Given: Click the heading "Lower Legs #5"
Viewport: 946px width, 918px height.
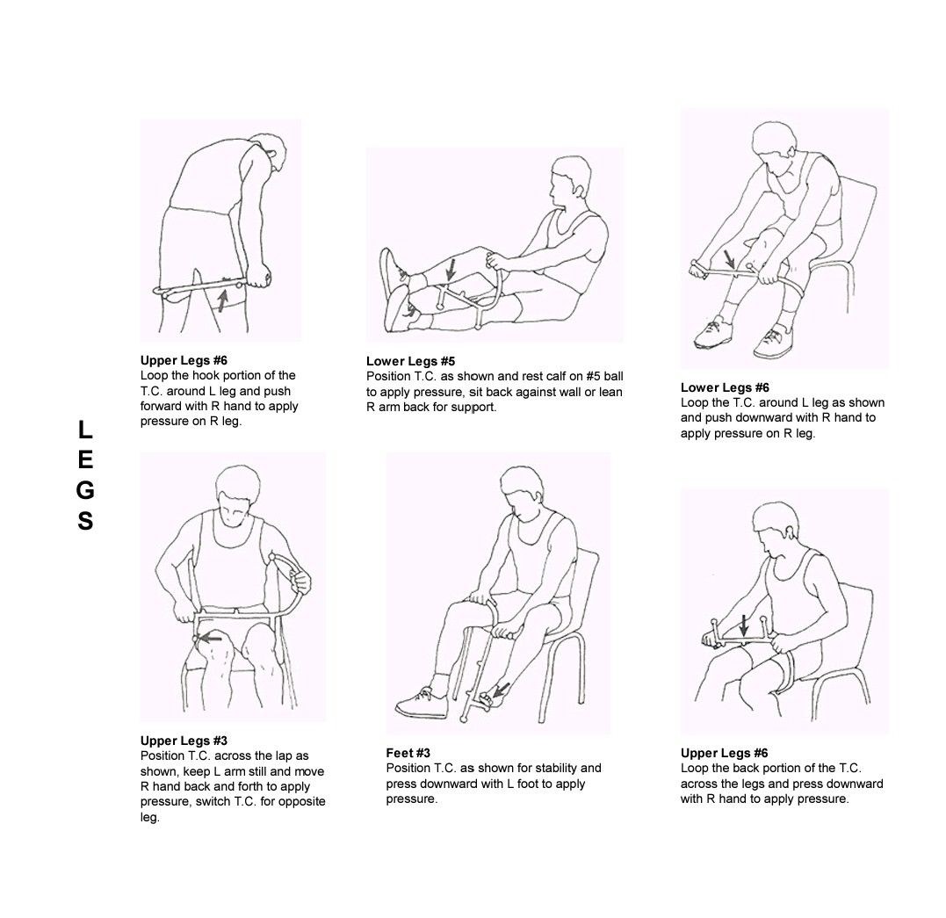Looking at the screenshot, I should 410,361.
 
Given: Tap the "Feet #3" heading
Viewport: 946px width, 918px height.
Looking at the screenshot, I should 408,753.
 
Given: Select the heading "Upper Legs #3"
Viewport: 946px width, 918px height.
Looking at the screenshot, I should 184,741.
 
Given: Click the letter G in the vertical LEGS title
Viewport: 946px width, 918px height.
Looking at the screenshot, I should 85,490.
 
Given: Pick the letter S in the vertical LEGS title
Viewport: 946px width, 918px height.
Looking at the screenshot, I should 85,522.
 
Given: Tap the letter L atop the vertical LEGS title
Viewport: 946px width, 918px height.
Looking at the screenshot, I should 85,430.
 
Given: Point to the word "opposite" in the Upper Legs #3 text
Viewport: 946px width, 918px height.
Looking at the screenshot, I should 301,802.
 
